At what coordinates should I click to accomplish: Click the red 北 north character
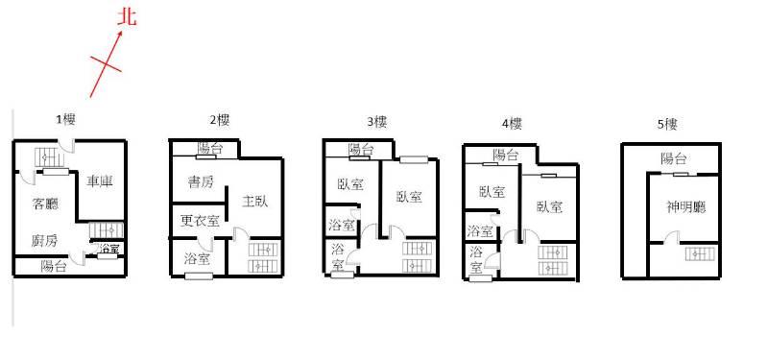point(127,17)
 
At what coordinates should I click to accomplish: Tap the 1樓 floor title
point(65,119)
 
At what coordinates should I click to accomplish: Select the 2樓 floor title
point(220,120)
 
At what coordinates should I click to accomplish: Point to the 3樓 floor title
point(377,122)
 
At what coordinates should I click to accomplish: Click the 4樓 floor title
point(512,124)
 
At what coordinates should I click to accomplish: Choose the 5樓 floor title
point(667,125)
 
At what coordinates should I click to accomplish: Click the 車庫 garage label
point(100,181)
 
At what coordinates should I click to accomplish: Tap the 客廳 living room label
point(44,204)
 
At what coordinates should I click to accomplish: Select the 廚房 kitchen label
point(44,241)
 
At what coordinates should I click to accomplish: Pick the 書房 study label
point(201,182)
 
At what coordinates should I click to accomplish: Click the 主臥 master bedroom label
point(255,201)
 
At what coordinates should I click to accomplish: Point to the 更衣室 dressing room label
point(200,222)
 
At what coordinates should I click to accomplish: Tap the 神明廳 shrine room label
point(686,207)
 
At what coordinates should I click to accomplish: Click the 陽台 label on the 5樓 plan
point(674,158)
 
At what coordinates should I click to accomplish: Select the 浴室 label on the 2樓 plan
point(198,258)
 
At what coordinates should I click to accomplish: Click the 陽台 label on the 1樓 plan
point(54,267)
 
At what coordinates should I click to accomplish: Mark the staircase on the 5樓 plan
point(700,253)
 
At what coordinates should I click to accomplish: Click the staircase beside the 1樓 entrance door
point(50,157)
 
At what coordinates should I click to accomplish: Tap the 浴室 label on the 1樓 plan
point(108,249)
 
